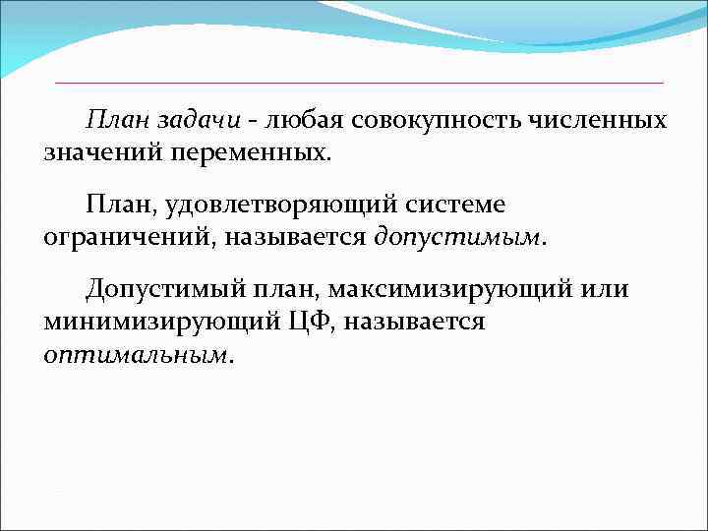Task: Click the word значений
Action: [104, 153]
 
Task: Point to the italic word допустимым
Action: [456, 238]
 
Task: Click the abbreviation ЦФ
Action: [313, 323]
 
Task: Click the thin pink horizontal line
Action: [359, 82]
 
